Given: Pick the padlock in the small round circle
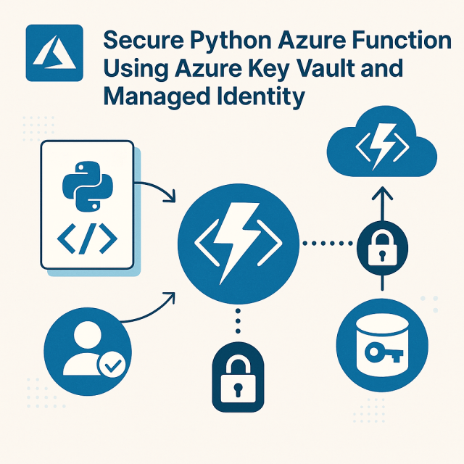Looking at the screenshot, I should point(380,246).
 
